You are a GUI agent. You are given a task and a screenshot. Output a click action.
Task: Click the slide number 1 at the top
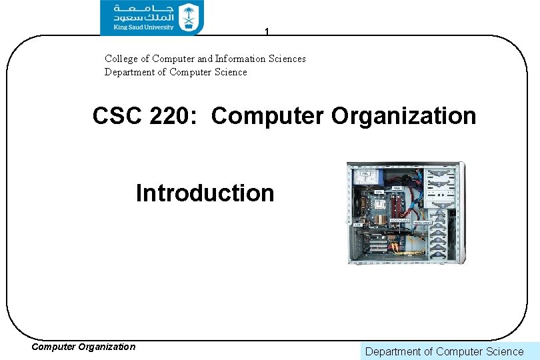click(267, 31)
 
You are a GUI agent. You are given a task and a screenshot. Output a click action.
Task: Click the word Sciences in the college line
click(287, 59)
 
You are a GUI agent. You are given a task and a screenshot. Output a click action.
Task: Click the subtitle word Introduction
click(205, 193)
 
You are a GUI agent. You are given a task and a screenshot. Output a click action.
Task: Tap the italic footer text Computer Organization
click(83, 347)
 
